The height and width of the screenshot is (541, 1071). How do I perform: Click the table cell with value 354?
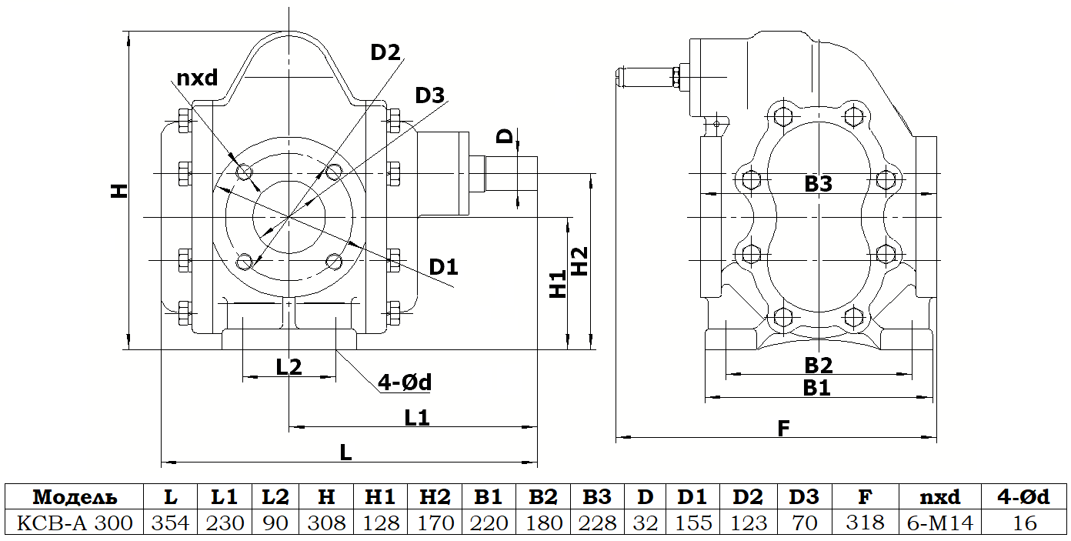170,523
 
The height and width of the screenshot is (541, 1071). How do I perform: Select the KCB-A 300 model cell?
75,523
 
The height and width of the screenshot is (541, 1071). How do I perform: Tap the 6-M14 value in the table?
940,523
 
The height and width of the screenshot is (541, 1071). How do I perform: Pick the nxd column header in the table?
940,496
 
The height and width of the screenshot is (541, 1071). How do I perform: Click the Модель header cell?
75,496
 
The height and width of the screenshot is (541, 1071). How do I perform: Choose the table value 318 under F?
864,523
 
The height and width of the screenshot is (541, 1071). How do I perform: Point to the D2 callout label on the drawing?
385,52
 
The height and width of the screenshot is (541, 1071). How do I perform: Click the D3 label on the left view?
429,95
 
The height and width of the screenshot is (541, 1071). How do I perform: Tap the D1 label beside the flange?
443,267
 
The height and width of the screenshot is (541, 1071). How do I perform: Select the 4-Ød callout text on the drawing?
404,382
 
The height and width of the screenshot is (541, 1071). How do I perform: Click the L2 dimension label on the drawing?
289,367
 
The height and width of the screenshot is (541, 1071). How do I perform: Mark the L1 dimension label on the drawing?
417,417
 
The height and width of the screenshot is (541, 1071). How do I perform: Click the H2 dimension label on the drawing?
579,262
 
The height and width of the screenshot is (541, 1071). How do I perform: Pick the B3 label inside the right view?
819,184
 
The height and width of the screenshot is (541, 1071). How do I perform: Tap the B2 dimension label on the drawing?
819,364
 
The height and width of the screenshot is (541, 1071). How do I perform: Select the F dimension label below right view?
783,428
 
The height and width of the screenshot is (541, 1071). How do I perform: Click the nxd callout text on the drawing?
198,78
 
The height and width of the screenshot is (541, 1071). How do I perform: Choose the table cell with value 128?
381,523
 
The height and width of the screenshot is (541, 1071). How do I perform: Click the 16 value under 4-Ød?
1025,523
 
